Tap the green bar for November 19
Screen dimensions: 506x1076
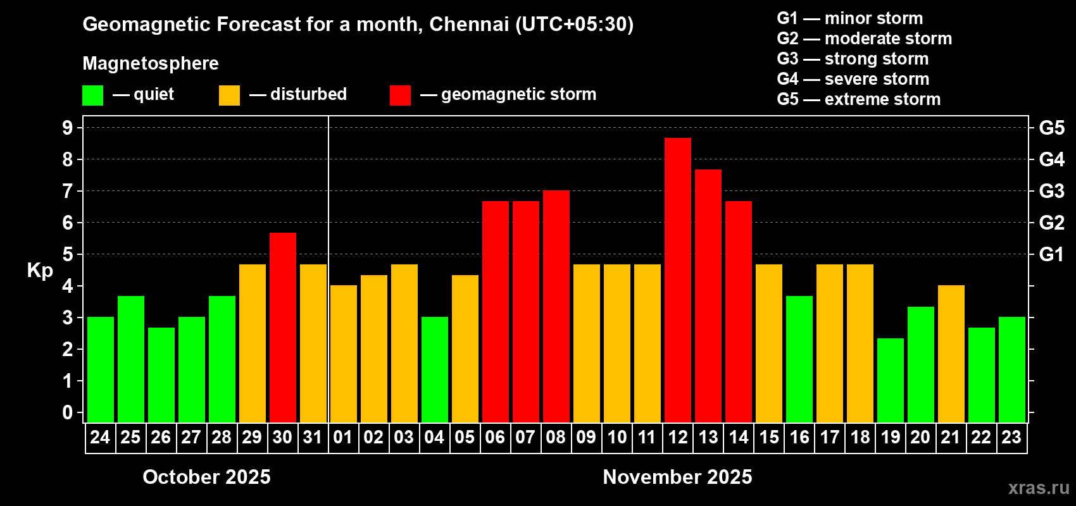(890, 380)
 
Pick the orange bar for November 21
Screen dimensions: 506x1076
(951, 354)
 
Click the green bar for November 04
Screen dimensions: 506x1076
(434, 369)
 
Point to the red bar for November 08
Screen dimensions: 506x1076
(556, 306)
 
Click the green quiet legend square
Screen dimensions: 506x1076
(92, 96)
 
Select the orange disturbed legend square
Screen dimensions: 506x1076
(229, 96)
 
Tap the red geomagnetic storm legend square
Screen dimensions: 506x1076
(400, 96)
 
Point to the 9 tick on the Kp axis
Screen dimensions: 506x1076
(68, 128)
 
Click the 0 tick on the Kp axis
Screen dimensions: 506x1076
(68, 413)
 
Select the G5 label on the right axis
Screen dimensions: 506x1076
(1051, 128)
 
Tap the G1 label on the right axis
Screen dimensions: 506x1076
(1051, 254)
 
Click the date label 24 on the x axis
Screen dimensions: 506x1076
(100, 437)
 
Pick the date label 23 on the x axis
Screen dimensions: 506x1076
(1011, 437)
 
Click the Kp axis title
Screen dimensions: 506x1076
(40, 271)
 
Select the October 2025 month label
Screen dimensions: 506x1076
(206, 477)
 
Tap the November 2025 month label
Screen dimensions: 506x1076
(677, 477)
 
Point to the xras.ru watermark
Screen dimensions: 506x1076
(1039, 488)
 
